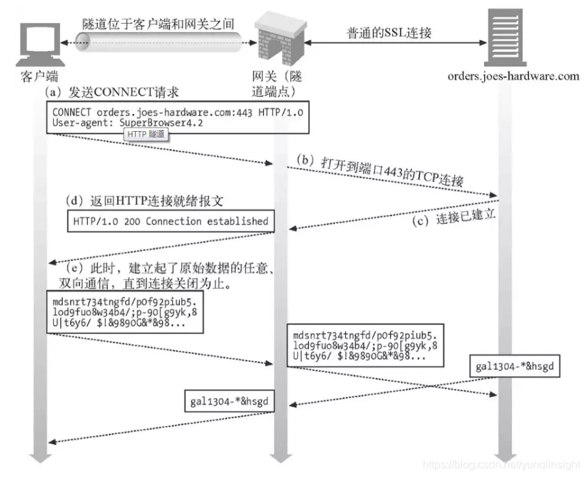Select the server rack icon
(x=507, y=38)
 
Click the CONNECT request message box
(x=177, y=117)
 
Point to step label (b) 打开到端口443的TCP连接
(x=380, y=171)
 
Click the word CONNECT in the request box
(x=73, y=111)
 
